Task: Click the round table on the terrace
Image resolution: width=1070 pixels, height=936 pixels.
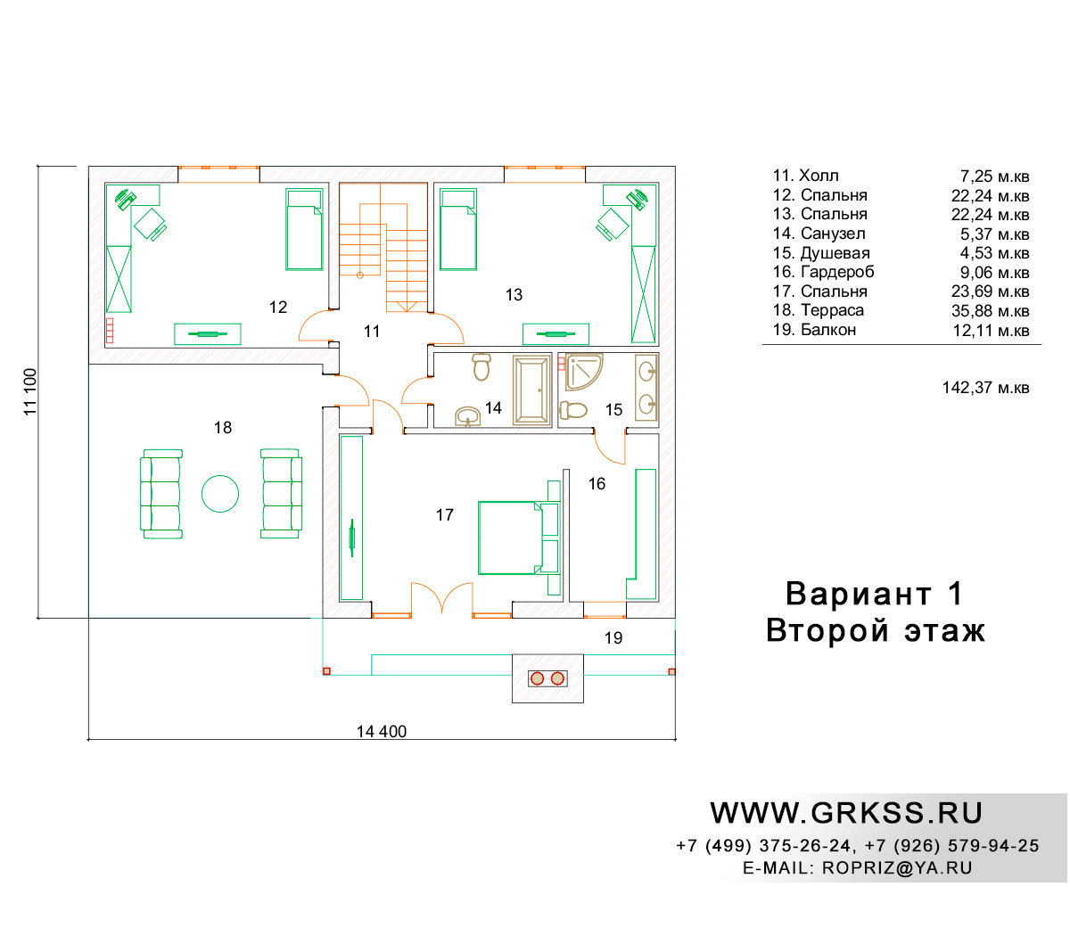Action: tap(219, 493)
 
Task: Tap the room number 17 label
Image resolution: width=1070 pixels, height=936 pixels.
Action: tap(445, 515)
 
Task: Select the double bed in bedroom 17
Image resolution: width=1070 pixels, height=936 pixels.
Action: tap(519, 538)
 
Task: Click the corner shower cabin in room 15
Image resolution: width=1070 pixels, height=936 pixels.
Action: tap(584, 371)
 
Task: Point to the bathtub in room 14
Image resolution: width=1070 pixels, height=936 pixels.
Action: tap(531, 390)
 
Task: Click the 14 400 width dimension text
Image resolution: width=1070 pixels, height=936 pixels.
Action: tap(382, 731)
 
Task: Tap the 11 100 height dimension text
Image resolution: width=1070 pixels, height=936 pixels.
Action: tap(30, 392)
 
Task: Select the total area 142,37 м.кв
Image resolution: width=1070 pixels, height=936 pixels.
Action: tap(985, 388)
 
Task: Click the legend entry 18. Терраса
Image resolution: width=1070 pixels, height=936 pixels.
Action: tap(818, 310)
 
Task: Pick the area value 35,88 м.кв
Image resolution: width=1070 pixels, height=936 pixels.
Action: tap(990, 311)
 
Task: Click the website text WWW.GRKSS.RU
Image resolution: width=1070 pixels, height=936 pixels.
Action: tap(846, 813)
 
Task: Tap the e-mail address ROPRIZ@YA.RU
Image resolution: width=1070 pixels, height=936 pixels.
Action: tap(897, 867)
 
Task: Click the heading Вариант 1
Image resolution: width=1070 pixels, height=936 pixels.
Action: tap(874, 594)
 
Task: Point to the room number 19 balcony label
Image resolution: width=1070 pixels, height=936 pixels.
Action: tap(613, 638)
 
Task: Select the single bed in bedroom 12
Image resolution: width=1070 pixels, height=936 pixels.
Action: tap(304, 230)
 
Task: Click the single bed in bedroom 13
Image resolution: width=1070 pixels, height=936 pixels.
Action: tap(458, 230)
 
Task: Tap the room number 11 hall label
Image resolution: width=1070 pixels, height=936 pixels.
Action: tap(371, 331)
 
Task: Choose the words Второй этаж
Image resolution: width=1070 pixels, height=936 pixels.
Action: tap(876, 630)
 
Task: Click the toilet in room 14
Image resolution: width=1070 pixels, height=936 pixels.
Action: tap(481, 366)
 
